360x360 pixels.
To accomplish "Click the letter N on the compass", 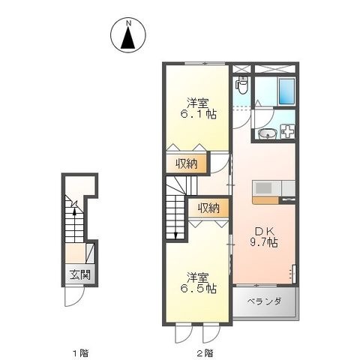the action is (129, 23).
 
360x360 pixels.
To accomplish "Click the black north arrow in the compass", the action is (128, 37).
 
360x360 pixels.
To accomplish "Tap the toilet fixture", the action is (242, 85).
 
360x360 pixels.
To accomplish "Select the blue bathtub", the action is (286, 91).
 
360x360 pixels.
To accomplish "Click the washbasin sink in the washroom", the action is (267, 134).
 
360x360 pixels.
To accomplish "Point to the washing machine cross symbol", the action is (288, 131).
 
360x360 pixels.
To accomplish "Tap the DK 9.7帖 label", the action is (265, 237).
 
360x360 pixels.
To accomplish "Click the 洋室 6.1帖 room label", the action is (198, 109).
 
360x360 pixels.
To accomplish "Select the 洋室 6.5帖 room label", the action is (198, 283).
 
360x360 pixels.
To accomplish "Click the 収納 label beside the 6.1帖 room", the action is (186, 164).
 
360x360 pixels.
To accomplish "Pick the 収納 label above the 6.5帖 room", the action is (209, 208).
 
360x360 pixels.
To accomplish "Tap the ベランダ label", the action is (265, 301).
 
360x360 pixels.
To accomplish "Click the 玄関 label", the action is (79, 275).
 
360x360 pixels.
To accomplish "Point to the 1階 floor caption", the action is (80, 353).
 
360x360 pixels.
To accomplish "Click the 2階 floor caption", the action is (205, 353).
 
